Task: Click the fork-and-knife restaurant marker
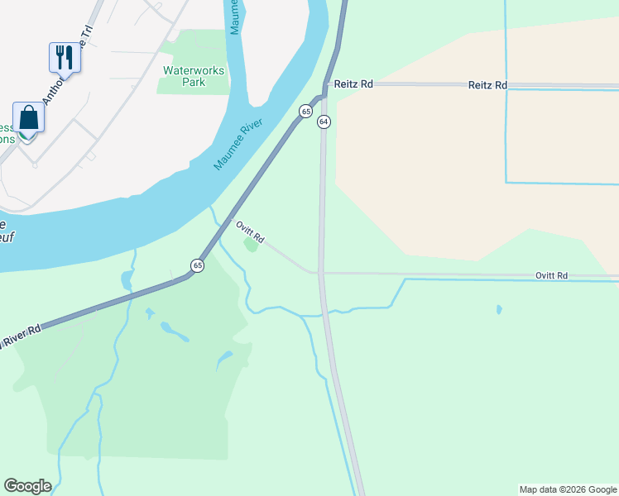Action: click(x=64, y=58)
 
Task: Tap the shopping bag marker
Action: click(x=28, y=117)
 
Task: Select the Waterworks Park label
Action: click(x=194, y=76)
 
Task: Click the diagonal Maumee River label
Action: click(x=238, y=145)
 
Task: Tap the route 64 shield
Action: click(x=324, y=122)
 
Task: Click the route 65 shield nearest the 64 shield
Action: click(x=306, y=111)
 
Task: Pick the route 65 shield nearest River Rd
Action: click(x=197, y=265)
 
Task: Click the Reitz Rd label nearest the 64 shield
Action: click(x=353, y=84)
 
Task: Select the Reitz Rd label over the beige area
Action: click(x=487, y=85)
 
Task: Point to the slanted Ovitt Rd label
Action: click(x=250, y=232)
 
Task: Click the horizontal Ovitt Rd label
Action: click(x=551, y=275)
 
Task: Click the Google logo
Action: click(x=27, y=486)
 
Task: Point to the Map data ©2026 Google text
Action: click(x=568, y=489)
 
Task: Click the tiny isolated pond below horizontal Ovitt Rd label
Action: click(x=499, y=310)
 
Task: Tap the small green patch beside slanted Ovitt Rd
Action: click(x=250, y=245)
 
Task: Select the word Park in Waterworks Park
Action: click(x=194, y=83)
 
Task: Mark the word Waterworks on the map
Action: click(x=194, y=71)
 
